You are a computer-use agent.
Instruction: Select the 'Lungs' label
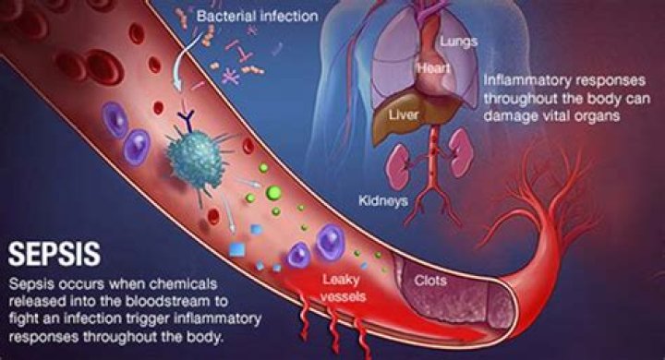pyautogui.click(x=458, y=42)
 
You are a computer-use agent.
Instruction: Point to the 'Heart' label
pyautogui.click(x=433, y=69)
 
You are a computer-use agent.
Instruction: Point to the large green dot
pyautogui.click(x=273, y=194)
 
